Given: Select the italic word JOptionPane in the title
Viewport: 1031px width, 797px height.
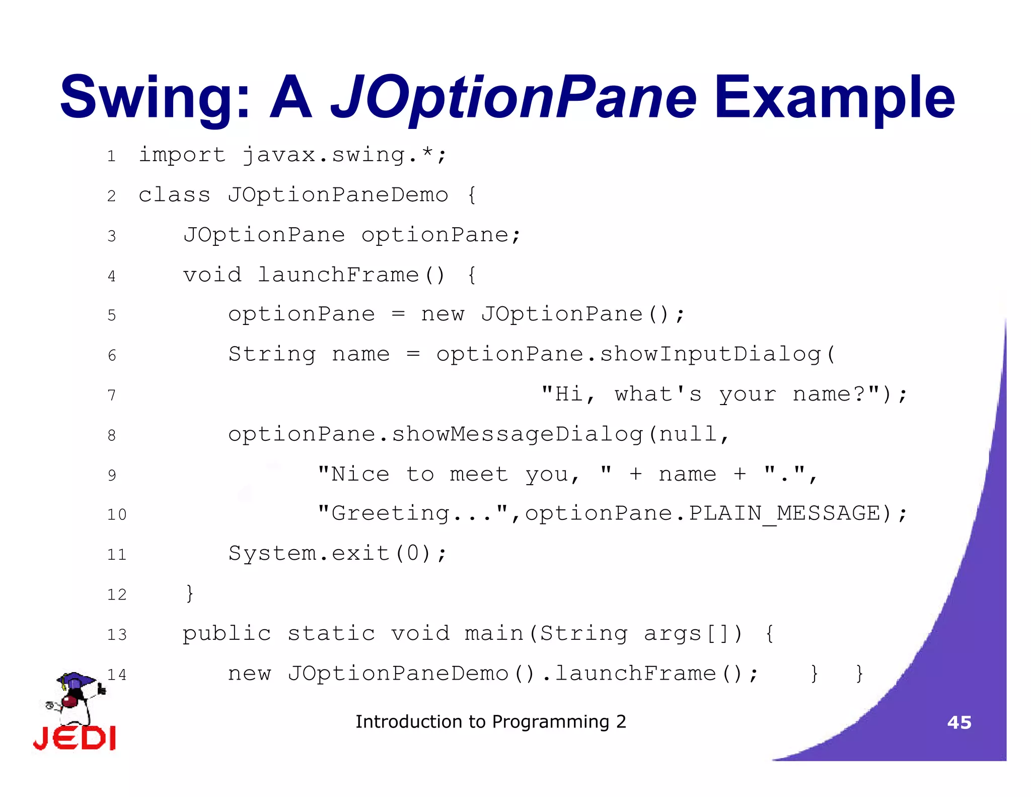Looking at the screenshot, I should point(513,98).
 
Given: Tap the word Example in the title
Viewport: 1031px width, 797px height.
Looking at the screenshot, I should point(834,98).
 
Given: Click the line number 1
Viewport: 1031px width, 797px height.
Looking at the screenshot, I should point(111,156).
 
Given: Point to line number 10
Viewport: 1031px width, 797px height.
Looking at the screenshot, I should point(117,515).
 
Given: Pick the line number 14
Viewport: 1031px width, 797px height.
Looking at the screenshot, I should point(117,675).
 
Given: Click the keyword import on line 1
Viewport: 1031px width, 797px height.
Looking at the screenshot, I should point(182,155).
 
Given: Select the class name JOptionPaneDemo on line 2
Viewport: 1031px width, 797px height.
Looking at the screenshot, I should point(337,195).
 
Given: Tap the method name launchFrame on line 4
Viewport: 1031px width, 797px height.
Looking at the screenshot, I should point(338,275).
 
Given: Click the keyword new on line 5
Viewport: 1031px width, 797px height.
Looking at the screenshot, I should point(443,314).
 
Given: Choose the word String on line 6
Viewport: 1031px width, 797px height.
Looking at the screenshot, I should point(272,354).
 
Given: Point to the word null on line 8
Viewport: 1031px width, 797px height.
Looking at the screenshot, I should point(688,434).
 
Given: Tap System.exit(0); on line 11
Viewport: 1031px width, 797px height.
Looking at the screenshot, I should point(337,554).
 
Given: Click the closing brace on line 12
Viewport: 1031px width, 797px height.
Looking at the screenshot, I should point(189,593).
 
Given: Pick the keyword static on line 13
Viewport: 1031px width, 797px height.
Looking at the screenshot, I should point(331,634).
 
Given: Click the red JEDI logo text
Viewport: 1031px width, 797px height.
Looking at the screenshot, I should point(75,739).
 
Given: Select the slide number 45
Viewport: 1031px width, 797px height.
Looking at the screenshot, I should point(959,722).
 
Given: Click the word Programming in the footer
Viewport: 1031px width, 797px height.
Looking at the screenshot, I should point(551,722).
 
